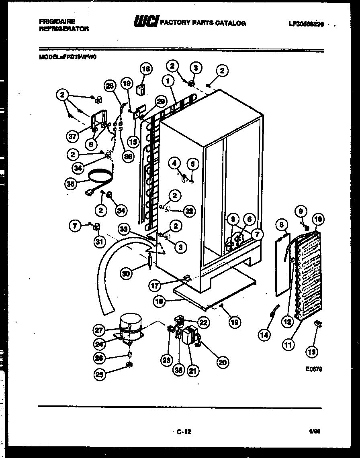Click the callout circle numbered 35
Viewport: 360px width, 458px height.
pyautogui.click(x=71, y=183)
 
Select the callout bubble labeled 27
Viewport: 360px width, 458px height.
pyautogui.click(x=99, y=330)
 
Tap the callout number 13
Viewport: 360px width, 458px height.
pyautogui.click(x=311, y=352)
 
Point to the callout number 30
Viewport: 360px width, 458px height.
pyautogui.click(x=127, y=274)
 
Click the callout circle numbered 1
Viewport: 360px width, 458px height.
pyautogui.click(x=167, y=81)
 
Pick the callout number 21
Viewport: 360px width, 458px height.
pyautogui.click(x=193, y=371)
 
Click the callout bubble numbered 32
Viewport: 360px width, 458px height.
pyautogui.click(x=190, y=210)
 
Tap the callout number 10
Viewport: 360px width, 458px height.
pyautogui.click(x=318, y=219)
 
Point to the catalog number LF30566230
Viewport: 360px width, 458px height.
pyautogui.click(x=306, y=24)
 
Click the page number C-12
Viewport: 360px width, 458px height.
pyautogui.click(x=183, y=432)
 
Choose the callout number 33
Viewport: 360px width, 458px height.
pyautogui.click(x=125, y=229)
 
